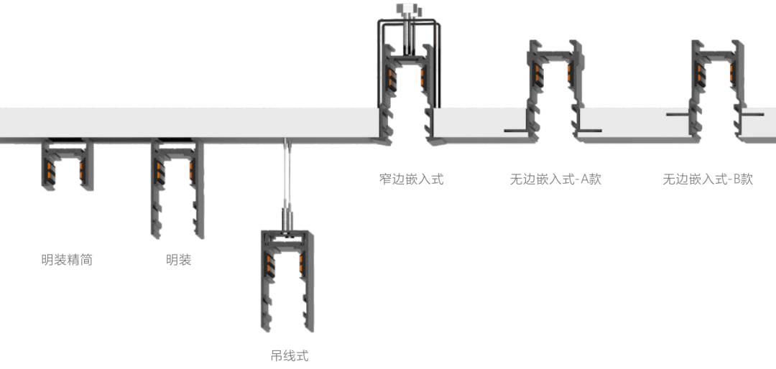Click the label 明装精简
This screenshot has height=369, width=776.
(x=67, y=260)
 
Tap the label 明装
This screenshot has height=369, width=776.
(x=178, y=260)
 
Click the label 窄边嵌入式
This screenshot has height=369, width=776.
(x=411, y=179)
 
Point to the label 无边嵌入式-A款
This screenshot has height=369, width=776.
(x=555, y=179)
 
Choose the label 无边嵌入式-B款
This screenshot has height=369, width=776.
(x=708, y=179)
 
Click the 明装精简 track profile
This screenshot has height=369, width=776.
(x=67, y=165)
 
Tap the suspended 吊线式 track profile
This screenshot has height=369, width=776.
(x=287, y=280)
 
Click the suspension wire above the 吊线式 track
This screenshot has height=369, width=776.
(x=286, y=179)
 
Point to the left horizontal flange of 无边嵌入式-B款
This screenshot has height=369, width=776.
(x=678, y=114)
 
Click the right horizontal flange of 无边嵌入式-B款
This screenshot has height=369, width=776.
(x=752, y=114)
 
